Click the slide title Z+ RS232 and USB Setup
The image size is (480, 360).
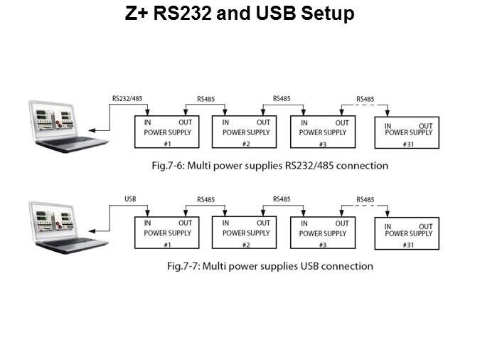pos(240,14)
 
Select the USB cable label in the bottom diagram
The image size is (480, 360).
pos(130,199)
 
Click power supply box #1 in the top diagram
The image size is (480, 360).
pos(168,132)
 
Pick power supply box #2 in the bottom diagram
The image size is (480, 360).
pos(246,233)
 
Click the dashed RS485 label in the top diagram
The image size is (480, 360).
pos(364,99)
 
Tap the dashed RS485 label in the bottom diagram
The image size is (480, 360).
pos(364,200)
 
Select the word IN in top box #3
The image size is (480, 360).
pos(304,122)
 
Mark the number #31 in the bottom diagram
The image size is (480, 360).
pos(408,245)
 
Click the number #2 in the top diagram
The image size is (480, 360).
pos(246,144)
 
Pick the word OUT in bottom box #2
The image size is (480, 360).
pos(262,223)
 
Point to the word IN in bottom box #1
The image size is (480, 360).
pos(148,223)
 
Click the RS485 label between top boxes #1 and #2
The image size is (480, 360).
pos(206,100)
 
